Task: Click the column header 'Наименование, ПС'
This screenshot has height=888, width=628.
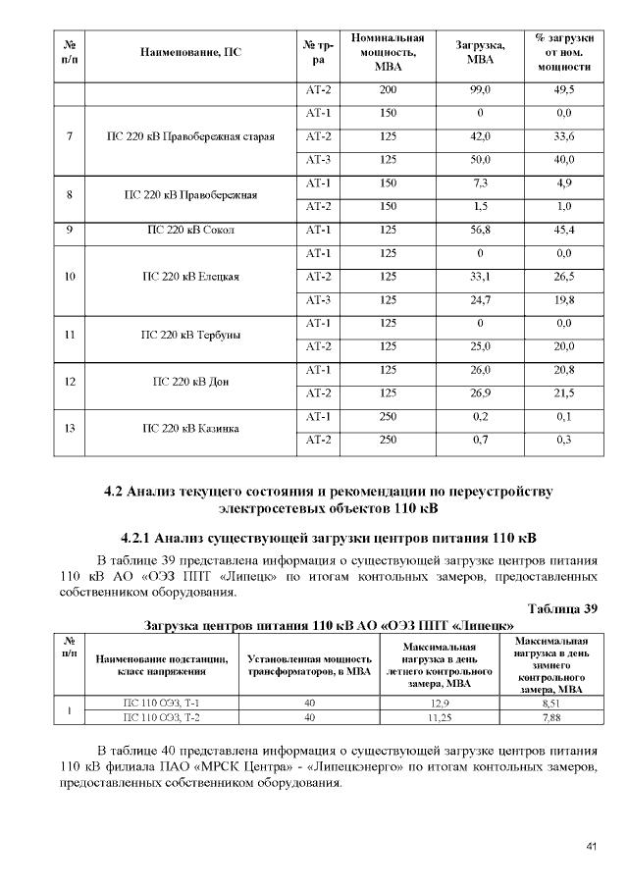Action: (190, 50)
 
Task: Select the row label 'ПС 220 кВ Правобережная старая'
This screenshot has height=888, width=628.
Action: (190, 135)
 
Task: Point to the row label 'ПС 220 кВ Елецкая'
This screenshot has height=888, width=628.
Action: (190, 277)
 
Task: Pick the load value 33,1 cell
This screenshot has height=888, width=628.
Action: (480, 277)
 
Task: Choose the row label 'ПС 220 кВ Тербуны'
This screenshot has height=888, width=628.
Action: (190, 335)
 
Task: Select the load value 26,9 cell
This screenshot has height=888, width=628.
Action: (480, 393)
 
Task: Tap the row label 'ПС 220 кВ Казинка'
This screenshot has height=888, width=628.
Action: (190, 429)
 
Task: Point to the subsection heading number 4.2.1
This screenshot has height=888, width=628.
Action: (134, 538)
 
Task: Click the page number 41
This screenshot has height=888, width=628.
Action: (591, 846)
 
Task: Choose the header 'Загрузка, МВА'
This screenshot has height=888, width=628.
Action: (480, 50)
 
